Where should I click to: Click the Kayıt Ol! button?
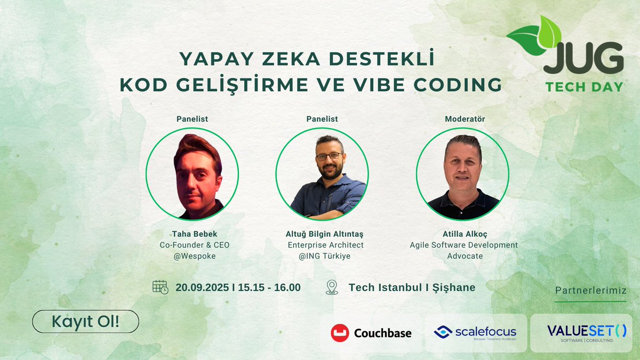coord(85,322)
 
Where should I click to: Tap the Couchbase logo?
coord(371,333)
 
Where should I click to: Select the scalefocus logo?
coord(475,333)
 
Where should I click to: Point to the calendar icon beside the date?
coord(160,287)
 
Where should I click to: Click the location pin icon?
coord(332,287)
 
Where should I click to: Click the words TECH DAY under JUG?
coord(584,86)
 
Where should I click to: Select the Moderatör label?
coord(465,119)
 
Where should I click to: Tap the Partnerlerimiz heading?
coord(590,291)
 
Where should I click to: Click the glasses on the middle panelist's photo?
coord(329,156)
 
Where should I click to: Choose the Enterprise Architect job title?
coord(325,245)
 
